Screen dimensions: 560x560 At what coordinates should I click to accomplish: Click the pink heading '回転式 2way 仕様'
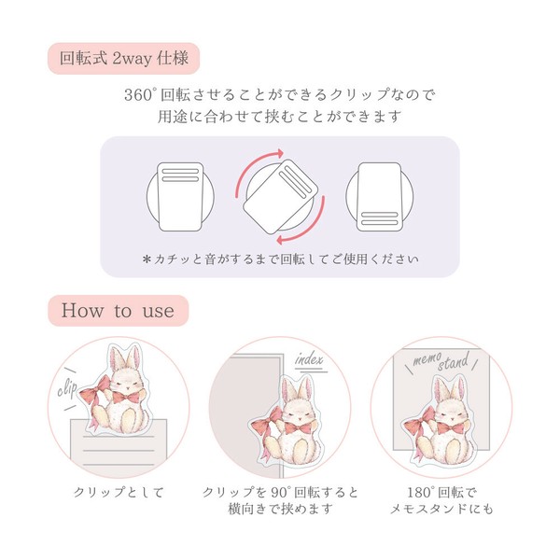pos(123,58)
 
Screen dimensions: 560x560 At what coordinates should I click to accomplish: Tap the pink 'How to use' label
pos(119,311)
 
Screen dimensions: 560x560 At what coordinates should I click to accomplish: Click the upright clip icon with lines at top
pos(180,197)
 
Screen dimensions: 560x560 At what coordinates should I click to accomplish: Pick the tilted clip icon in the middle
pos(280,197)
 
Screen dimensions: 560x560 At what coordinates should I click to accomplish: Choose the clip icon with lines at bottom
pos(379,197)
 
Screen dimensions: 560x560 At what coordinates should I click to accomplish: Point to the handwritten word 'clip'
pos(67,389)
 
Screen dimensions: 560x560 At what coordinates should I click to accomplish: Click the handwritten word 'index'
pos(309,359)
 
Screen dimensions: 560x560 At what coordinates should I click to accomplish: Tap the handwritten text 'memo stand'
pos(441,361)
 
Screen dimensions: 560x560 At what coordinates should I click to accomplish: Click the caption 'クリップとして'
pos(119,493)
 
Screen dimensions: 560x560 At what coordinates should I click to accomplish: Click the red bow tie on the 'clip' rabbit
pos(126,398)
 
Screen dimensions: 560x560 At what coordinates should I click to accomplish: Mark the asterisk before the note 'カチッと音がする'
pos(147,259)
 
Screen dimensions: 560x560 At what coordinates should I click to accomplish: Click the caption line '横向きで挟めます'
pos(280,509)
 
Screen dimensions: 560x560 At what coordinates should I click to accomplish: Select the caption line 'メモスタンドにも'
pos(441,509)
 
